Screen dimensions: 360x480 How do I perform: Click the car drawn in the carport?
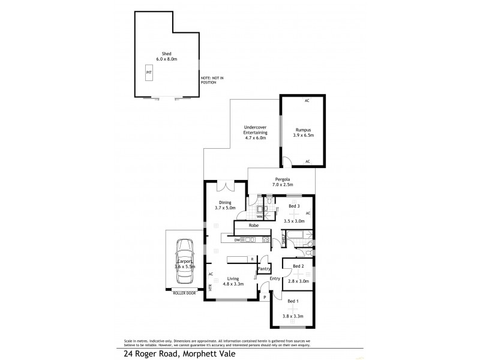(x=185, y=263)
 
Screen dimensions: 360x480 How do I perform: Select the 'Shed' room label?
(x=166, y=53)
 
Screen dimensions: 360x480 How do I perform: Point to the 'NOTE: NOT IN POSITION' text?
(x=212, y=80)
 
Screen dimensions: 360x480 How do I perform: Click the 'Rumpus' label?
(x=302, y=130)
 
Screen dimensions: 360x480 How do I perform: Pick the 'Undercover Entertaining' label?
(x=255, y=130)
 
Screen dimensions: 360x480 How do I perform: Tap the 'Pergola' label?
(x=283, y=179)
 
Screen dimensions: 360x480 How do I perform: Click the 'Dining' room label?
(x=225, y=203)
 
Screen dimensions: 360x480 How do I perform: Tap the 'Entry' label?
(x=275, y=278)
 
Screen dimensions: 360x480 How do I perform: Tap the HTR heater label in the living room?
(x=211, y=287)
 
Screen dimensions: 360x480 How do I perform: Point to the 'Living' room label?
(x=233, y=278)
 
